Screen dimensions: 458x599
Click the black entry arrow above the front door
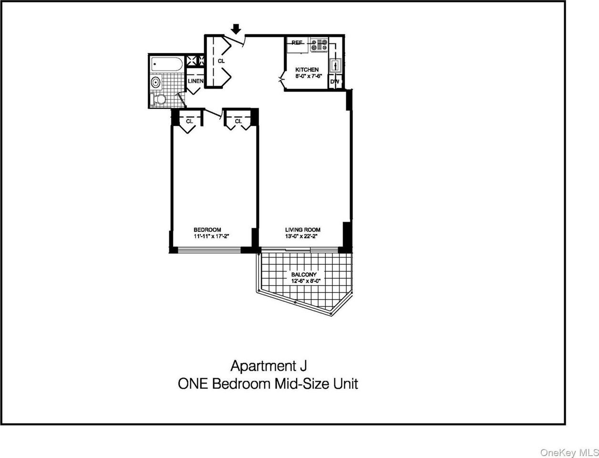[236, 29]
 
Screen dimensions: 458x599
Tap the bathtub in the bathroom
[166, 64]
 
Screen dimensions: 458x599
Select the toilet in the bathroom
[158, 100]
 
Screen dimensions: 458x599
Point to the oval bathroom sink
[155, 82]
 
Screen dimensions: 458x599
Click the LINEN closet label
[196, 81]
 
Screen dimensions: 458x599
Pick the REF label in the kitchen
[297, 42]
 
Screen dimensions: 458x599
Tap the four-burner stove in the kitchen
[319, 45]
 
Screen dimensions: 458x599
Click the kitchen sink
[335, 64]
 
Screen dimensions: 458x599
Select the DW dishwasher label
[335, 82]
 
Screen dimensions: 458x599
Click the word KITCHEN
[307, 70]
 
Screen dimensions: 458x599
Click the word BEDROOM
[207, 229]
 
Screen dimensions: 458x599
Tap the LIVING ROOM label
[302, 229]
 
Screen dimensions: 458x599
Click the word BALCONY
[304, 275]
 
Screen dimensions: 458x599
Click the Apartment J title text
[268, 366]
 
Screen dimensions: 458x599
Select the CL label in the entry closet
[221, 61]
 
